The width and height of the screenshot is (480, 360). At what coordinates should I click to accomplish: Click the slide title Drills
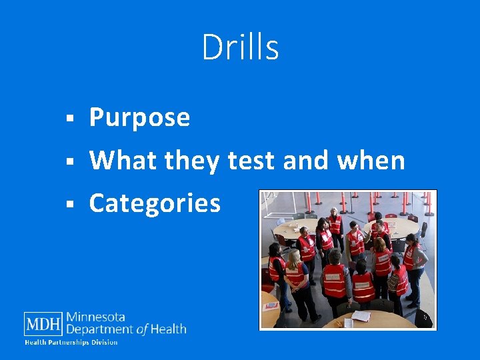(240, 48)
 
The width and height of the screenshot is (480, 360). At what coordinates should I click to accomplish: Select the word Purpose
(140, 118)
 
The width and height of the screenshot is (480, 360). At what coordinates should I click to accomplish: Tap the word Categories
(155, 203)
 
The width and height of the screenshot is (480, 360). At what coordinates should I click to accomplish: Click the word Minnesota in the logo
(95, 317)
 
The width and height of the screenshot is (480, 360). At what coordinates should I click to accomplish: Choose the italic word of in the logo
(141, 329)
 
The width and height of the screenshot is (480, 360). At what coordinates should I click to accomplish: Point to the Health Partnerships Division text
(71, 343)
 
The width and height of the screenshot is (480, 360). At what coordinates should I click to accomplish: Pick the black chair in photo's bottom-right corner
(423, 318)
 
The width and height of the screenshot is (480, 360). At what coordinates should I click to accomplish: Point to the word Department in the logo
(100, 329)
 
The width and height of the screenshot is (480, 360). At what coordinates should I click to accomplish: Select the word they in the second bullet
(193, 161)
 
